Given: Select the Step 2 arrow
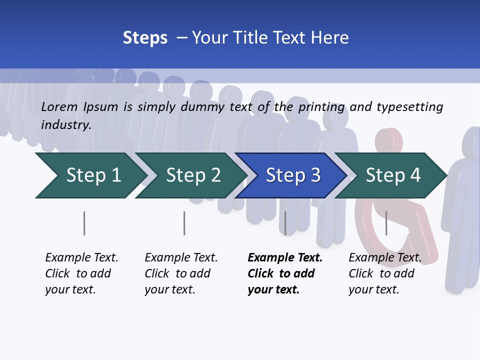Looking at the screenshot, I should pyautogui.click(x=192, y=175).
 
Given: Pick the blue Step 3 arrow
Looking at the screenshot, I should pyautogui.click(x=292, y=175).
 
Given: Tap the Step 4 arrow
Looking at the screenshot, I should pyautogui.click(x=392, y=175).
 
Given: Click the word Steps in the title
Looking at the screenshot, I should pyautogui.click(x=145, y=38).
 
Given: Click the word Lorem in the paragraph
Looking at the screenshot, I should pyautogui.click(x=59, y=107).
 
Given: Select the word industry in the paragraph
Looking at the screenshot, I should pyautogui.click(x=65, y=125).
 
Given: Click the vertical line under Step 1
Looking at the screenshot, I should pyautogui.click(x=84, y=223).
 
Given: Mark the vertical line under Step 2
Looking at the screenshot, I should pyautogui.click(x=184, y=223).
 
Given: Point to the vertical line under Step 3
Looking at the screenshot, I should pyautogui.click(x=285, y=223).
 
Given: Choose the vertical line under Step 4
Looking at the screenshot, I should pyautogui.click(x=386, y=223).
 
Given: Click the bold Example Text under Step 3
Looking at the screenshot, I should pyautogui.click(x=285, y=258).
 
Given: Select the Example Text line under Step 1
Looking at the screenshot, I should pyautogui.click(x=81, y=258).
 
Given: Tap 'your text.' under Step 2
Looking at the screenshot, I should pyautogui.click(x=169, y=289).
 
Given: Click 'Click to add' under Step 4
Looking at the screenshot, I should pyautogui.click(x=381, y=273).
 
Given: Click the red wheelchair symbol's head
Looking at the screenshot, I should pyautogui.click(x=388, y=140).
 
